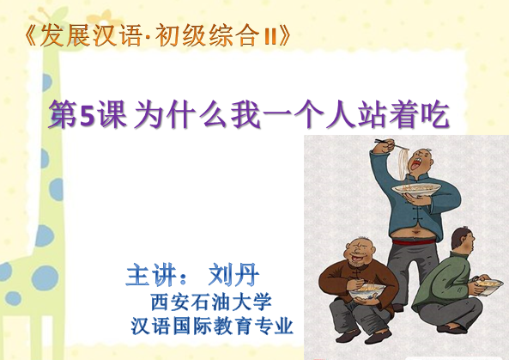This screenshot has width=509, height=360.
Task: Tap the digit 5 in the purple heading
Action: pos(87,115)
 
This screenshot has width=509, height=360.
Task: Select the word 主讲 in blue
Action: pos(152,276)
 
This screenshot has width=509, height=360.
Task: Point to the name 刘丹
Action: pos(234,276)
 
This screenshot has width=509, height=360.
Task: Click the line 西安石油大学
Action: pos(211,302)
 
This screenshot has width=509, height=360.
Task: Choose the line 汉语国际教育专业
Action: pos(212,326)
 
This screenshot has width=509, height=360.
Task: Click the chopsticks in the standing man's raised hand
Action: pos(391,144)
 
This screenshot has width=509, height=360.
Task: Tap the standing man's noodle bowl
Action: pos(416,188)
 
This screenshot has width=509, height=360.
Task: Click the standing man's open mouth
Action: pos(415,165)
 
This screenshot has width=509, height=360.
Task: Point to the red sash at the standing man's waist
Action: pos(413,241)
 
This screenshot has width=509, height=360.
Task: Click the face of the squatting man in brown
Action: pos(360,252)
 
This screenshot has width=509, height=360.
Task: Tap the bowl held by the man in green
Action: pos(489,286)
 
